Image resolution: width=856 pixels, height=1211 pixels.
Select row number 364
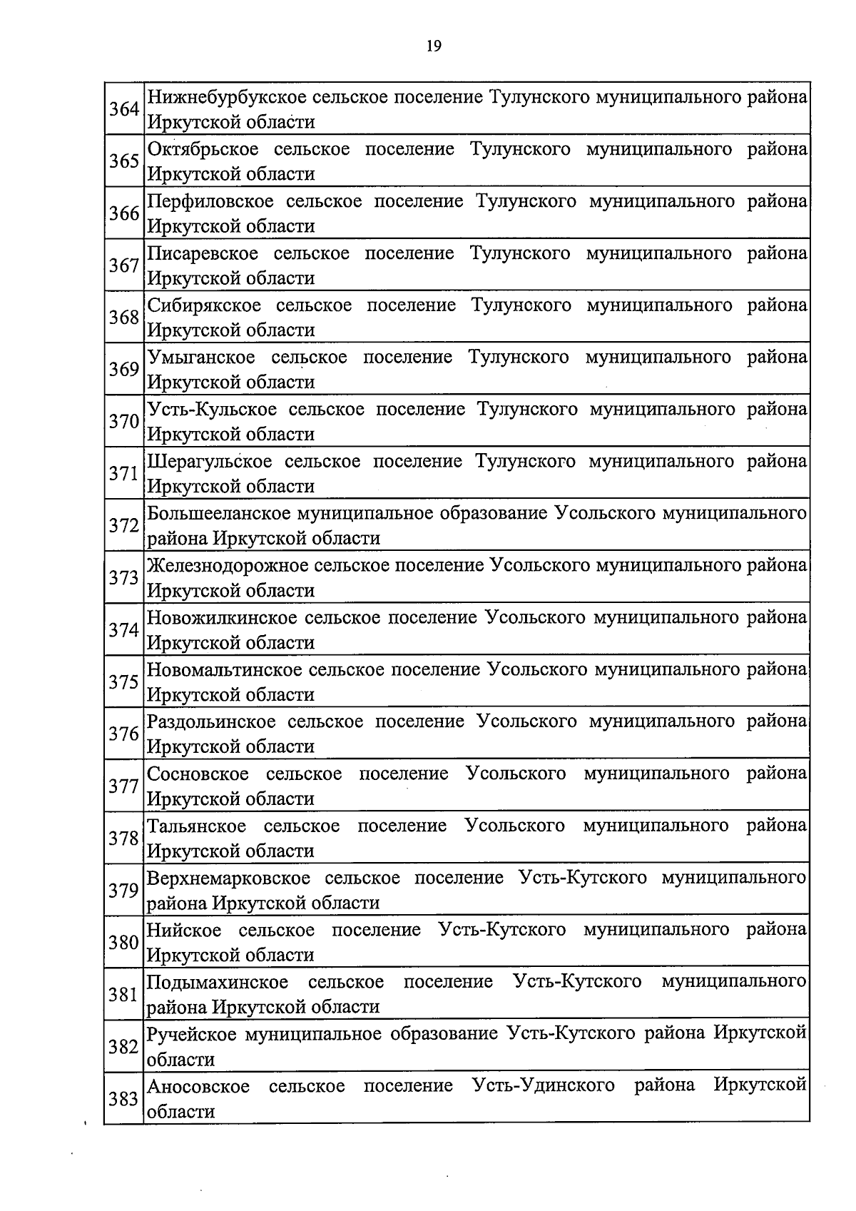click(x=123, y=109)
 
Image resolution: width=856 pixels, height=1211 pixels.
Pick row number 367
click(x=123, y=265)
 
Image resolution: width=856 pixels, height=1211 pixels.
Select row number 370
click(x=123, y=422)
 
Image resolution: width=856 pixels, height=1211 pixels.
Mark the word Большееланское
click(x=218, y=513)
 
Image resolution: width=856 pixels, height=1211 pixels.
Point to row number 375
click(x=123, y=682)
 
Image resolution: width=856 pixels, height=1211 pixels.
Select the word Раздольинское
click(x=210, y=721)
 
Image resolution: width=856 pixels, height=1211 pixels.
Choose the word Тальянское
click(x=196, y=826)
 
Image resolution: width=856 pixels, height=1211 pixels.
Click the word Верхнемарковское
click(x=228, y=878)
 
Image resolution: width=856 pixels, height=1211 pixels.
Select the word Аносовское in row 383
click(x=198, y=1086)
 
